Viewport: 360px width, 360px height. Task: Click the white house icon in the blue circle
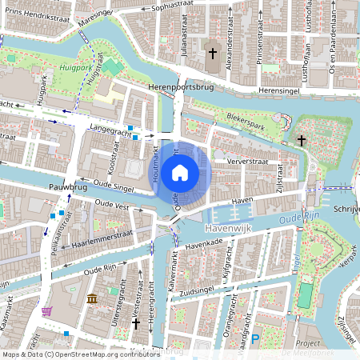click(180, 172)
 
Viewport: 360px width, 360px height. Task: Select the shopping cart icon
click(47, 310)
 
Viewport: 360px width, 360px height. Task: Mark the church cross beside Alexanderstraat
click(212, 54)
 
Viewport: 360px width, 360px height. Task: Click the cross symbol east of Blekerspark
click(301, 141)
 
